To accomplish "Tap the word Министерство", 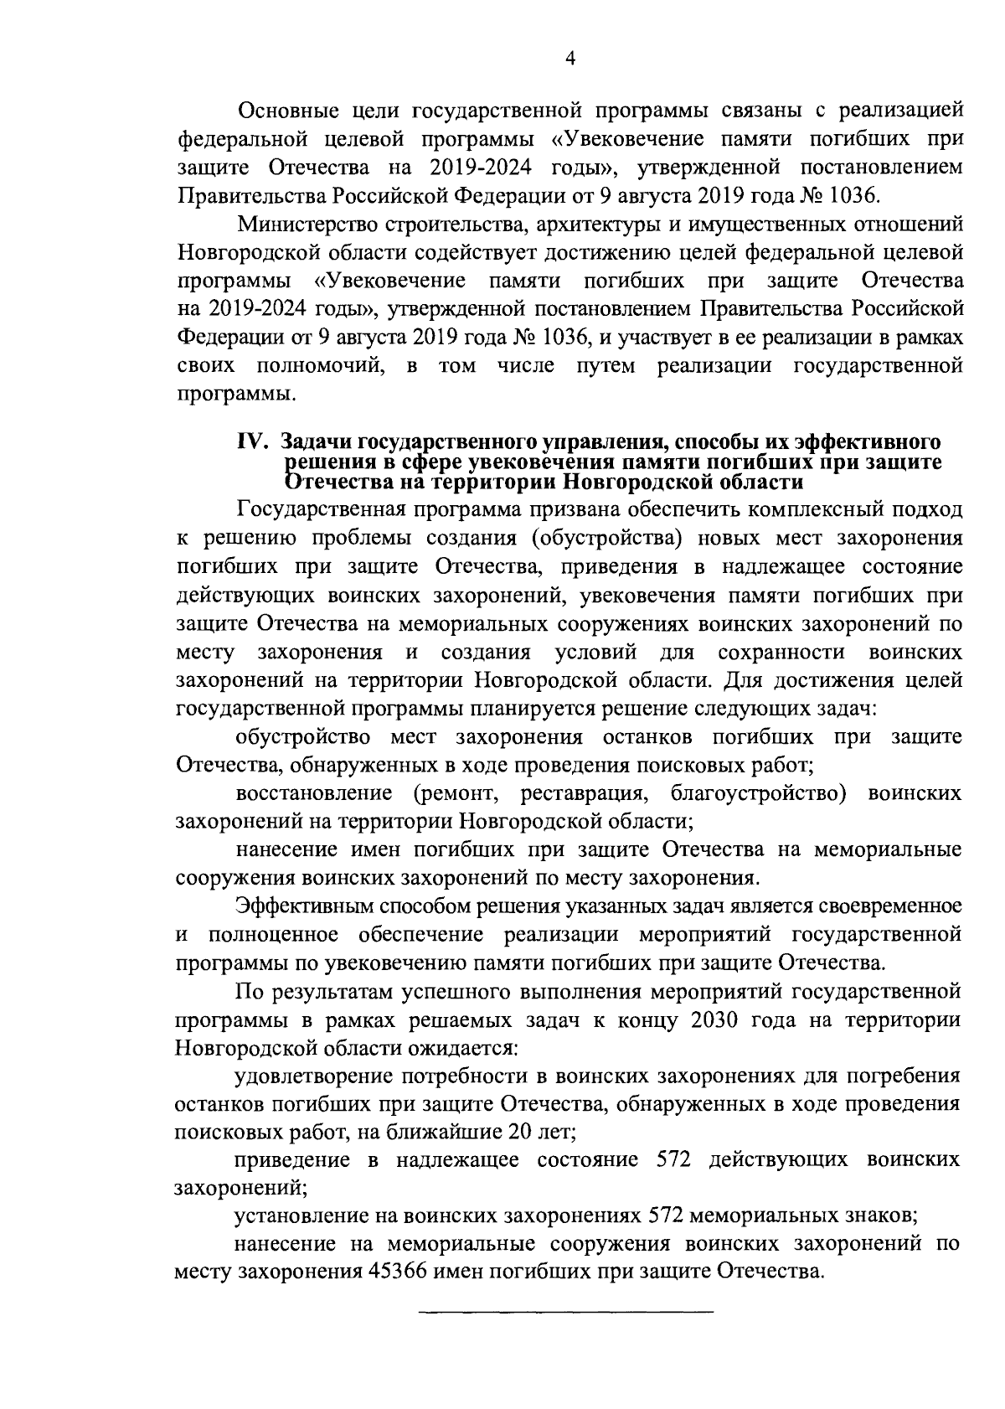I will point(307,225).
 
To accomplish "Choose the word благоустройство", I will point(755,792).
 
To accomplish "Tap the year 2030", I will point(719,1020).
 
